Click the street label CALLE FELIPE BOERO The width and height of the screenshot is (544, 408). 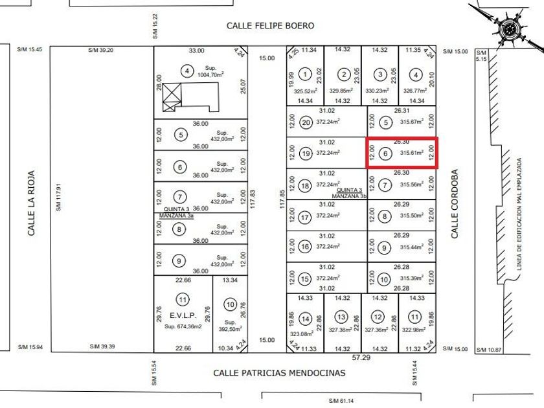pyautogui.click(x=270, y=26)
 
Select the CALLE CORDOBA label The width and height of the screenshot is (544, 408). pyautogui.click(x=455, y=205)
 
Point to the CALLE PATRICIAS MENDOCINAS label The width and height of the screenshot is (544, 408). pyautogui.click(x=280, y=373)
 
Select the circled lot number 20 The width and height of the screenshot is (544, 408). pyautogui.click(x=306, y=122)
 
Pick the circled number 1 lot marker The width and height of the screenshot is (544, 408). pyautogui.click(x=306, y=75)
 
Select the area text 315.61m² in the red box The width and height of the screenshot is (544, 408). pyautogui.click(x=412, y=153)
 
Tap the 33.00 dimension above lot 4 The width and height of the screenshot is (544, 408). pyautogui.click(x=196, y=50)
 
